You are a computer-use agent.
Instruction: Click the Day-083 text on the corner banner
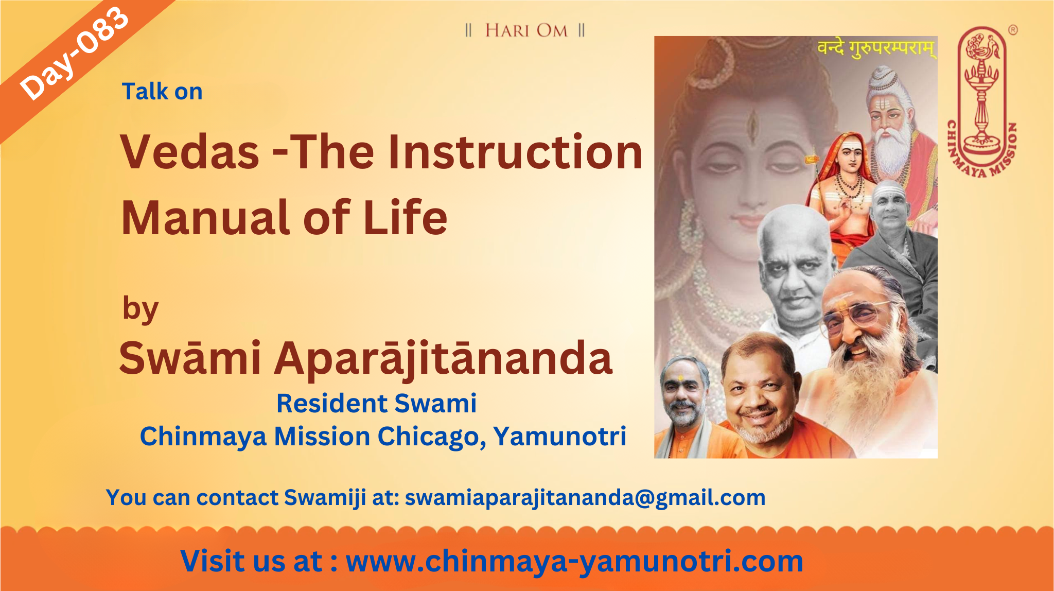[x=74, y=54]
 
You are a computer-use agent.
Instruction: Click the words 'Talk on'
[x=162, y=92]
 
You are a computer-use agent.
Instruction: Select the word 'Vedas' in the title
[x=190, y=152]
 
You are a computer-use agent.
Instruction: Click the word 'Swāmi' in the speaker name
[x=190, y=357]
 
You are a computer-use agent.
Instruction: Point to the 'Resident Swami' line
[x=376, y=403]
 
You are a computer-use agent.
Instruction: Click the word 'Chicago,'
[x=432, y=437]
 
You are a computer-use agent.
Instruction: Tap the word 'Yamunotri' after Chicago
[x=560, y=436]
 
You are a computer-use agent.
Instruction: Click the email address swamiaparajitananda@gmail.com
[x=585, y=498]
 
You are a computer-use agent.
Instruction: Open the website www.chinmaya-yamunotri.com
[x=574, y=561]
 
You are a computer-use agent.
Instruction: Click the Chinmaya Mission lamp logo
[x=982, y=101]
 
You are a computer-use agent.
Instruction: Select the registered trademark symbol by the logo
[x=1013, y=30]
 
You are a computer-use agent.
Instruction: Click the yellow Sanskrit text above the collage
[x=876, y=49]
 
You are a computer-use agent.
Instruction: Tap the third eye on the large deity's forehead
[x=753, y=121]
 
